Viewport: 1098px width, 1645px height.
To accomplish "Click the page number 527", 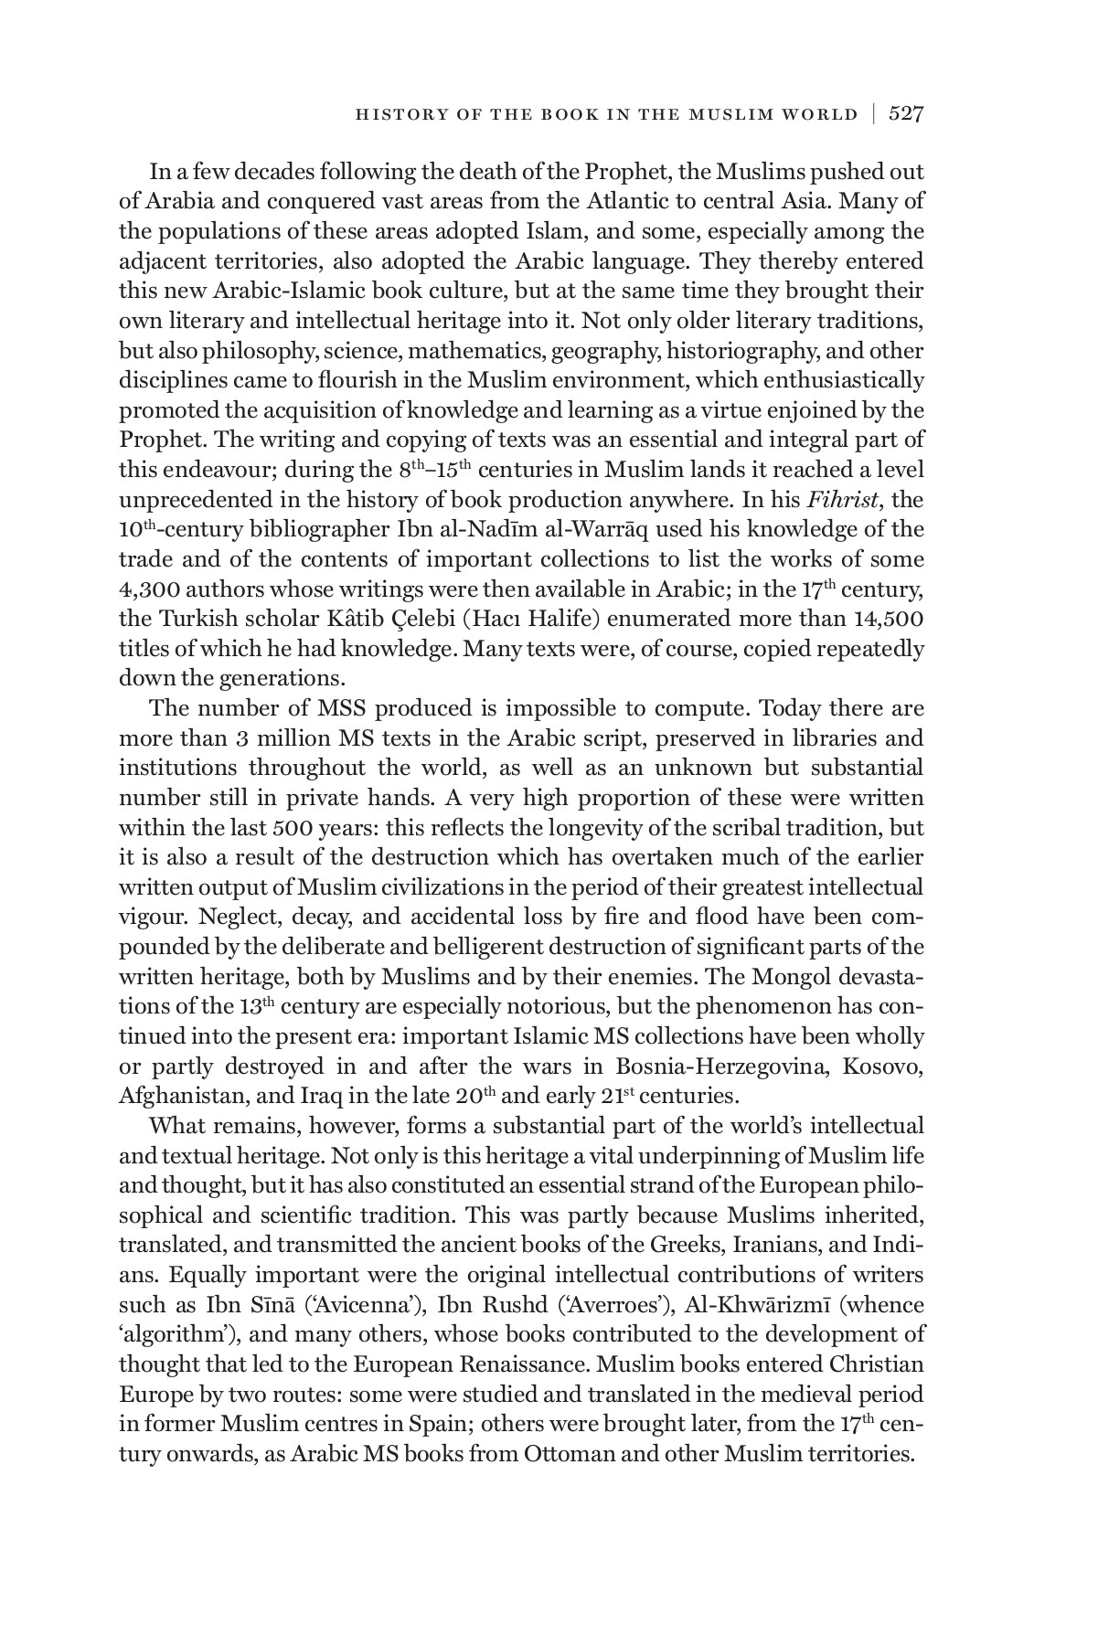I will (x=906, y=114).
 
